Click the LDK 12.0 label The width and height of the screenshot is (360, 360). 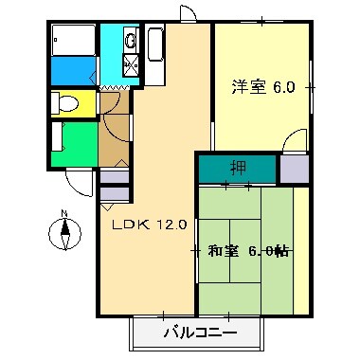(150, 225)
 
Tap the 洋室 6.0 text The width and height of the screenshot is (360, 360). (263, 87)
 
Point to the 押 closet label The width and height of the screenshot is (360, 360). (237, 169)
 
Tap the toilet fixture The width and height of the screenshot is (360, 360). (64, 102)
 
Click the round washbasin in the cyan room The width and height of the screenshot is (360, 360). (129, 40)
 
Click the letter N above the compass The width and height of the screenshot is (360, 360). (64, 213)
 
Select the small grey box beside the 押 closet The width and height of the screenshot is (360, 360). (294, 169)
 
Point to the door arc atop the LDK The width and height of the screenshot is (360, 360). (189, 13)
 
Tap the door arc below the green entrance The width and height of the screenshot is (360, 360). (81, 180)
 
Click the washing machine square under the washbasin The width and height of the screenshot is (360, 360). (129, 66)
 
